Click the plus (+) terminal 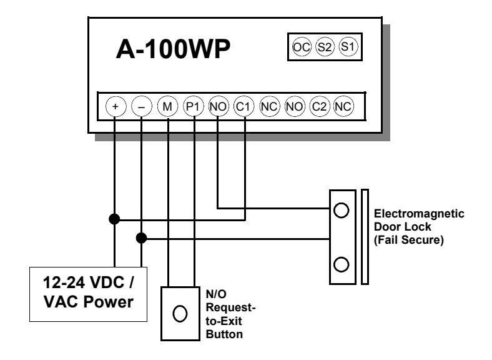point(116,106)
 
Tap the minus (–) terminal point(142,106)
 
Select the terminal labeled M point(167,106)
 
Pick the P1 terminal point(193,106)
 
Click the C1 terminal point(244,106)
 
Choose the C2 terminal point(320,106)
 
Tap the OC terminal point(302,47)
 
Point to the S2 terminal point(325,47)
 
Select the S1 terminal point(348,47)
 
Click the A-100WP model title point(173,49)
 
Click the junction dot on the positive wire point(114,219)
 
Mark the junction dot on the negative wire point(142,238)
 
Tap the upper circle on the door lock point(342,210)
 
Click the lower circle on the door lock point(342,264)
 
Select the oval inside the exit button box point(180,314)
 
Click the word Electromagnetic point(419,214)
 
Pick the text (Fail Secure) point(409,240)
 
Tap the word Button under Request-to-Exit point(224,334)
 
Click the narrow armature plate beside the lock point(365,237)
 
